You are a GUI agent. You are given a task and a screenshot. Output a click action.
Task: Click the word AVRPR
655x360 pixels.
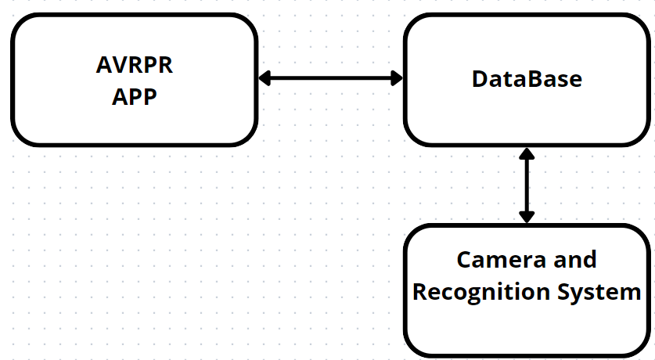134,65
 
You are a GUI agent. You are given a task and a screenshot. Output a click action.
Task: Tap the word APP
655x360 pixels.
134,97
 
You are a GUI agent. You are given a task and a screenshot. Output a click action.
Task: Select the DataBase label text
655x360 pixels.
527,79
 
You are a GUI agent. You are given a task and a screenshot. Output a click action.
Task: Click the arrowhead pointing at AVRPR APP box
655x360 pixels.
265,78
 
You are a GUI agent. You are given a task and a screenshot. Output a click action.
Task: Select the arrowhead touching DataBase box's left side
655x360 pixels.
397,78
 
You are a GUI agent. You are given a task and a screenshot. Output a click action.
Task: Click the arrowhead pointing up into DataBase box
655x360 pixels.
527,153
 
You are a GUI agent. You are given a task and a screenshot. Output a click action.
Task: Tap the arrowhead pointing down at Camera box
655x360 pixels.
527,217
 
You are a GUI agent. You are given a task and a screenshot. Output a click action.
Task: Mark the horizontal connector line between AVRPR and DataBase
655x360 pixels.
331,78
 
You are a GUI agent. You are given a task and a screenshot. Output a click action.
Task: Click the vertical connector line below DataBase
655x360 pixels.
527,185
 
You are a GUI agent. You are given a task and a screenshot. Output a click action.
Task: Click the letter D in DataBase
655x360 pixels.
479,79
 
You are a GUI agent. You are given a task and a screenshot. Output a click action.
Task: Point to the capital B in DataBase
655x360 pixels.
532,79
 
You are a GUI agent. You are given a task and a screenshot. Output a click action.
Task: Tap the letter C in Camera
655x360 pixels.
464,260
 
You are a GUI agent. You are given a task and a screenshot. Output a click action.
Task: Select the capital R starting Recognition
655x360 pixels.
419,291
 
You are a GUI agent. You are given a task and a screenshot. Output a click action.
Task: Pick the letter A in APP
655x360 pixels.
120,97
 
